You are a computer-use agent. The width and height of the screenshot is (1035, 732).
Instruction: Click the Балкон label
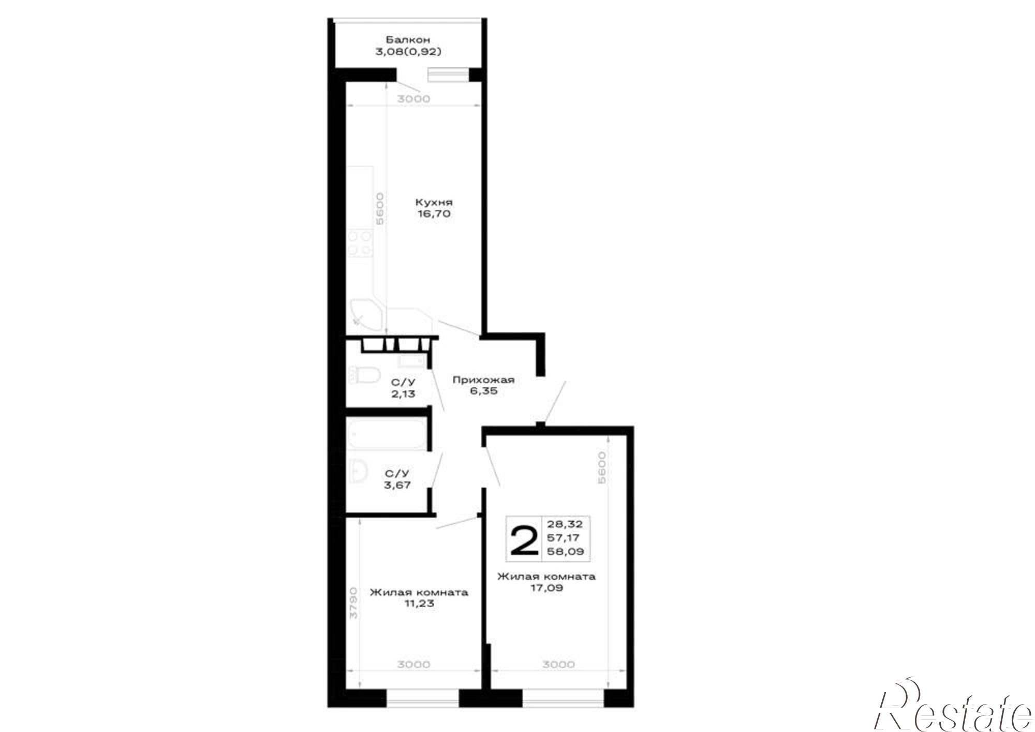[x=408, y=39]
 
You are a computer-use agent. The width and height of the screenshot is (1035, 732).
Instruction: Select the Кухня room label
[x=433, y=202]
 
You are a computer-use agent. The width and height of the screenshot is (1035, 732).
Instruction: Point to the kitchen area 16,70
[x=433, y=214]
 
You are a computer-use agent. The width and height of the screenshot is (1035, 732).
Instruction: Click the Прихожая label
[x=483, y=380]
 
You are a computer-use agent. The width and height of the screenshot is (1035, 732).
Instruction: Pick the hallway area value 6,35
[x=483, y=391]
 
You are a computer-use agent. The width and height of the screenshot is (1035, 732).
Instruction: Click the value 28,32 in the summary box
[x=568, y=524]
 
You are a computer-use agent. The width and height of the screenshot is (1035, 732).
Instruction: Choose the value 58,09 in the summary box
[x=568, y=551]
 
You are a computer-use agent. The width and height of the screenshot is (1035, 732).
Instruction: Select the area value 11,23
[x=419, y=604]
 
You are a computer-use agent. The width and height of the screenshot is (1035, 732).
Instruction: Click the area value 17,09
[x=546, y=588]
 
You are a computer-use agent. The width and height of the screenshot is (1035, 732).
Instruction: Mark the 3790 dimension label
[x=353, y=603]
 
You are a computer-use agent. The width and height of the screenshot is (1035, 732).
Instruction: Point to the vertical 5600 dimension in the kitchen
[x=380, y=208]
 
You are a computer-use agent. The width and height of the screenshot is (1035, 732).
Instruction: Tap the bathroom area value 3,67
[x=397, y=485]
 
